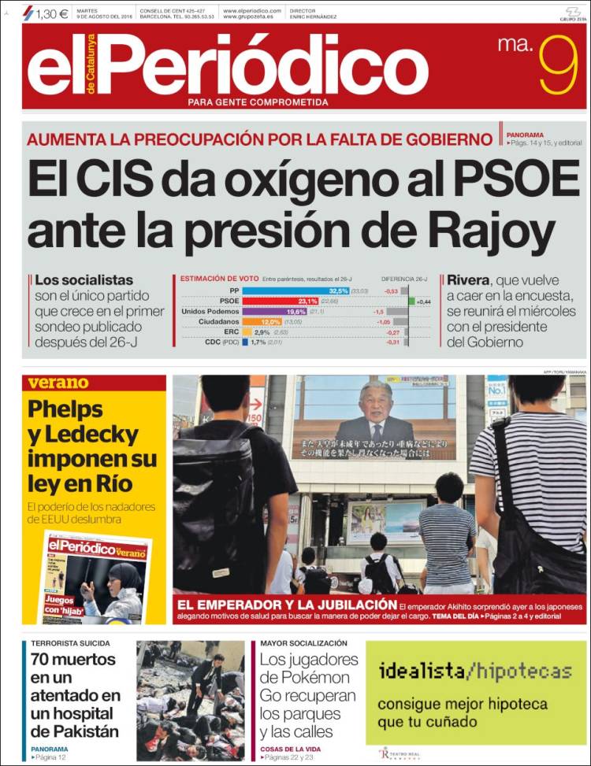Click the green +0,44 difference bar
coord(411,301)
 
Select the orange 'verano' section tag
coord(58,383)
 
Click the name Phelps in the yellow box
coord(65,409)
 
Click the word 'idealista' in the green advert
coord(420,672)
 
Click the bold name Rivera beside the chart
coord(468,279)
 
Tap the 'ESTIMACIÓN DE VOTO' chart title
coord(219,279)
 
